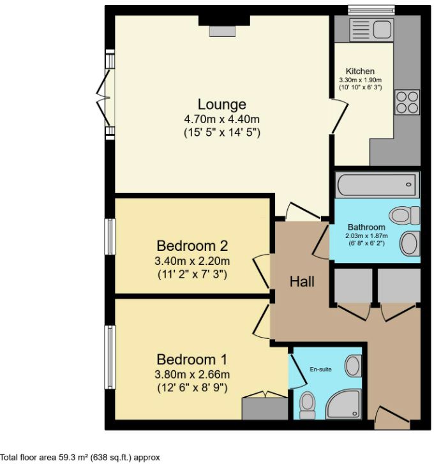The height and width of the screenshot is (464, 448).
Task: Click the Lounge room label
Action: (x=221, y=105)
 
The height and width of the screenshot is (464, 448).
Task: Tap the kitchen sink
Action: (x=373, y=29)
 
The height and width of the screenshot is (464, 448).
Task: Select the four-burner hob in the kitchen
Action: (x=408, y=103)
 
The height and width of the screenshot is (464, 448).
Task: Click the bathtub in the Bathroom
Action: (x=377, y=185)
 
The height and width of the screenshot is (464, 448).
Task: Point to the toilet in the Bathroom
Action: (x=405, y=216)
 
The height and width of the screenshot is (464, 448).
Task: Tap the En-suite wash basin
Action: (x=352, y=366)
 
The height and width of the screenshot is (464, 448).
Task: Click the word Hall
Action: (x=302, y=281)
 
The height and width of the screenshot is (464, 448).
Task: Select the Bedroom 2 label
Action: (x=193, y=246)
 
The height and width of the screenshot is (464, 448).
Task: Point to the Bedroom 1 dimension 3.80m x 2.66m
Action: (x=193, y=374)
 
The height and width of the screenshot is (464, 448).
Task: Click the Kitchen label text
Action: (x=360, y=71)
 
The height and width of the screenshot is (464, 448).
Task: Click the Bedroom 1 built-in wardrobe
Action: (x=265, y=407)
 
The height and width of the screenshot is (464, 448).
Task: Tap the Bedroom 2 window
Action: (x=110, y=237)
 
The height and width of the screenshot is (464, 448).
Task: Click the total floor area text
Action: (x=80, y=457)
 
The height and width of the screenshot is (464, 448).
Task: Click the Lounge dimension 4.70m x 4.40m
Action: (x=221, y=119)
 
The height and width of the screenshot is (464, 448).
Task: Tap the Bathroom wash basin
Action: (x=408, y=243)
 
